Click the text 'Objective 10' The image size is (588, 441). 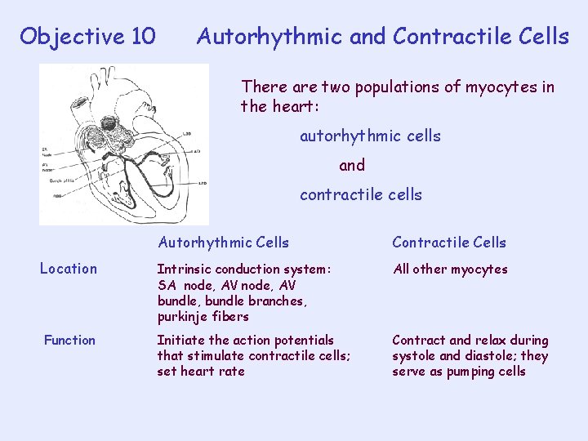(87, 37)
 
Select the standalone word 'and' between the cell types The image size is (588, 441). (352, 166)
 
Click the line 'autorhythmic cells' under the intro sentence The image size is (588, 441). (370, 136)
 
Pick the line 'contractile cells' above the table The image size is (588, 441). (361, 195)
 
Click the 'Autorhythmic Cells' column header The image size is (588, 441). (223, 243)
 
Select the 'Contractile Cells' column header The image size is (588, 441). (449, 243)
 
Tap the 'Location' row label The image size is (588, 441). (69, 269)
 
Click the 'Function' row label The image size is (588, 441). (69, 341)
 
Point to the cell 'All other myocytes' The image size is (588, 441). (450, 269)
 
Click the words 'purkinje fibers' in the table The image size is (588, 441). (203, 317)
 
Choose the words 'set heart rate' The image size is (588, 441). (201, 372)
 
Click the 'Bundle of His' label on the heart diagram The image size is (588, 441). (61, 180)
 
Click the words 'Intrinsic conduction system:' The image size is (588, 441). (243, 269)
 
